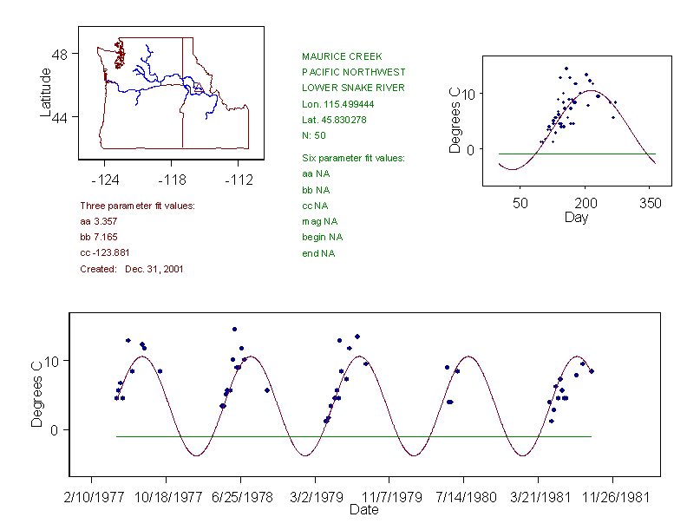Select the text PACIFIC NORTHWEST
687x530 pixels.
click(353, 72)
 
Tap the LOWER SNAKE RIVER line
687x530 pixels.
click(353, 88)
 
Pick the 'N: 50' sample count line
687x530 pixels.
click(314, 135)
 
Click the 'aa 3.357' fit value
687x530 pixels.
click(99, 221)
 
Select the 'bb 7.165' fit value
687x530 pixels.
click(99, 237)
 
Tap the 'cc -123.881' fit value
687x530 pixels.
click(105, 252)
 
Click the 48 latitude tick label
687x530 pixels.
click(60, 54)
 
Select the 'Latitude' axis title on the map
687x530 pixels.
click(46, 92)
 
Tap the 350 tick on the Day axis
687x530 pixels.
click(650, 203)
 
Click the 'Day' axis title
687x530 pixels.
click(576, 217)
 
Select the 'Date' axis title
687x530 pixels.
click(364, 510)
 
